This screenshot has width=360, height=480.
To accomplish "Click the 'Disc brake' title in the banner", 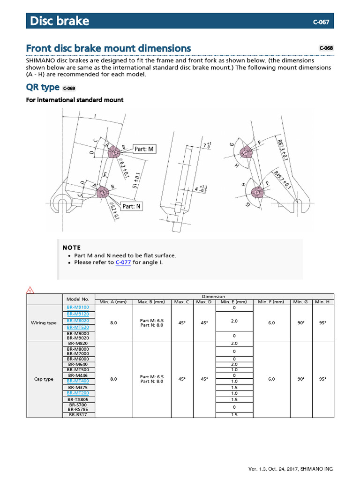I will [x=60, y=21].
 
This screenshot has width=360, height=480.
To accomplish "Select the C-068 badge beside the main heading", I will [x=326, y=48].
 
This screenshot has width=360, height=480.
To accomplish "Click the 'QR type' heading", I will [x=43, y=87].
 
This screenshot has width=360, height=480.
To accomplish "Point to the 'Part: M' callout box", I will [x=144, y=149].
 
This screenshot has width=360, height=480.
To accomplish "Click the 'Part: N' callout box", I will [x=132, y=206].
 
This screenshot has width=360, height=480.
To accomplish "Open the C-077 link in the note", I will [x=123, y=262].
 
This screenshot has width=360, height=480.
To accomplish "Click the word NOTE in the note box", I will [x=72, y=247].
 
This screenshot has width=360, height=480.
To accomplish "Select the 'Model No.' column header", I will [x=78, y=299].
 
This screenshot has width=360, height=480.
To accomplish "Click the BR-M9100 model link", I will [x=78, y=307].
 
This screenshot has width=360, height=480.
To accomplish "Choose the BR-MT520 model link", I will [x=78, y=327].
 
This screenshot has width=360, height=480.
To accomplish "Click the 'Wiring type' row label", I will [x=44, y=323].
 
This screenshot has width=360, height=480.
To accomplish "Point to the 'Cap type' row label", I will [x=44, y=379].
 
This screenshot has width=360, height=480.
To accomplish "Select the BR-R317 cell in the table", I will [x=78, y=415].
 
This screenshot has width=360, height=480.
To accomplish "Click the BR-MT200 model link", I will [x=78, y=393].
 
